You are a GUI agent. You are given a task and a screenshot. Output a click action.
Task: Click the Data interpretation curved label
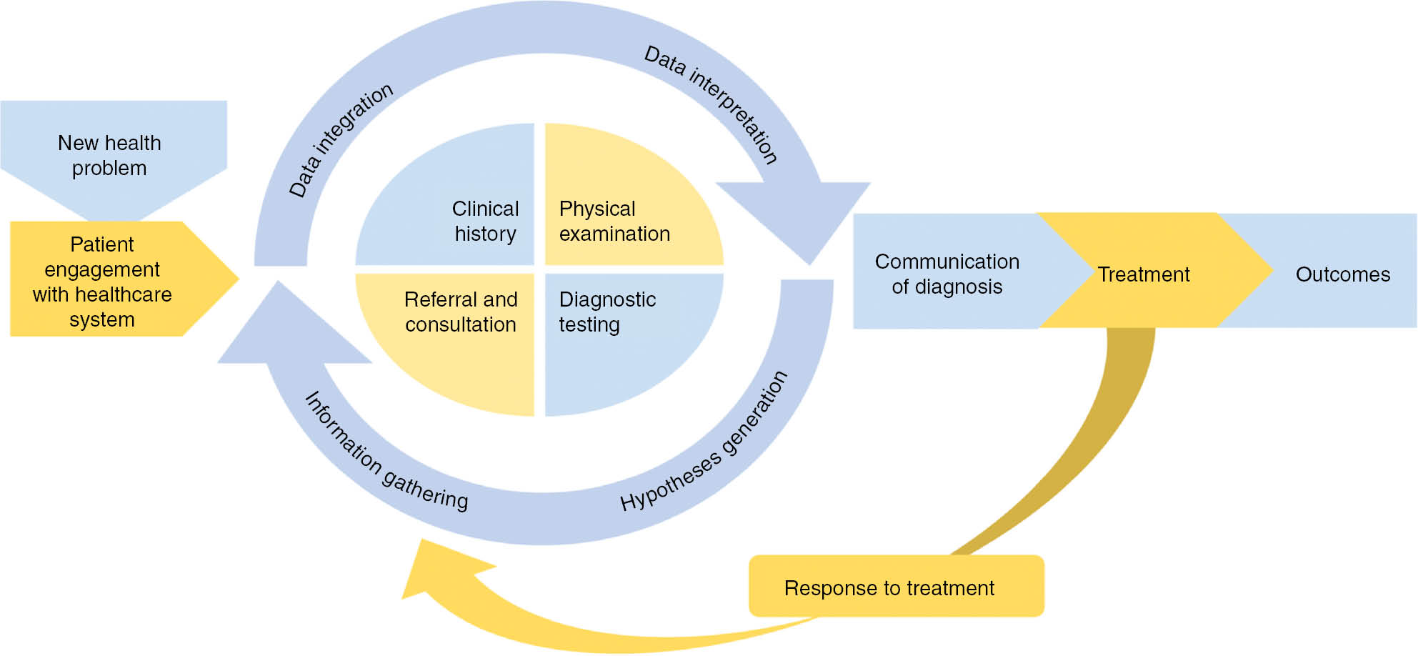(x=712, y=104)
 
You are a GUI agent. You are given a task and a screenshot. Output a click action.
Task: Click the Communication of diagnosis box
(x=947, y=274)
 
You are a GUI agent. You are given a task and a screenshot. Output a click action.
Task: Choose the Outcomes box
(x=1342, y=274)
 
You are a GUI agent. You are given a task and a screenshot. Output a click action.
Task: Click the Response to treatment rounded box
(x=889, y=587)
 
